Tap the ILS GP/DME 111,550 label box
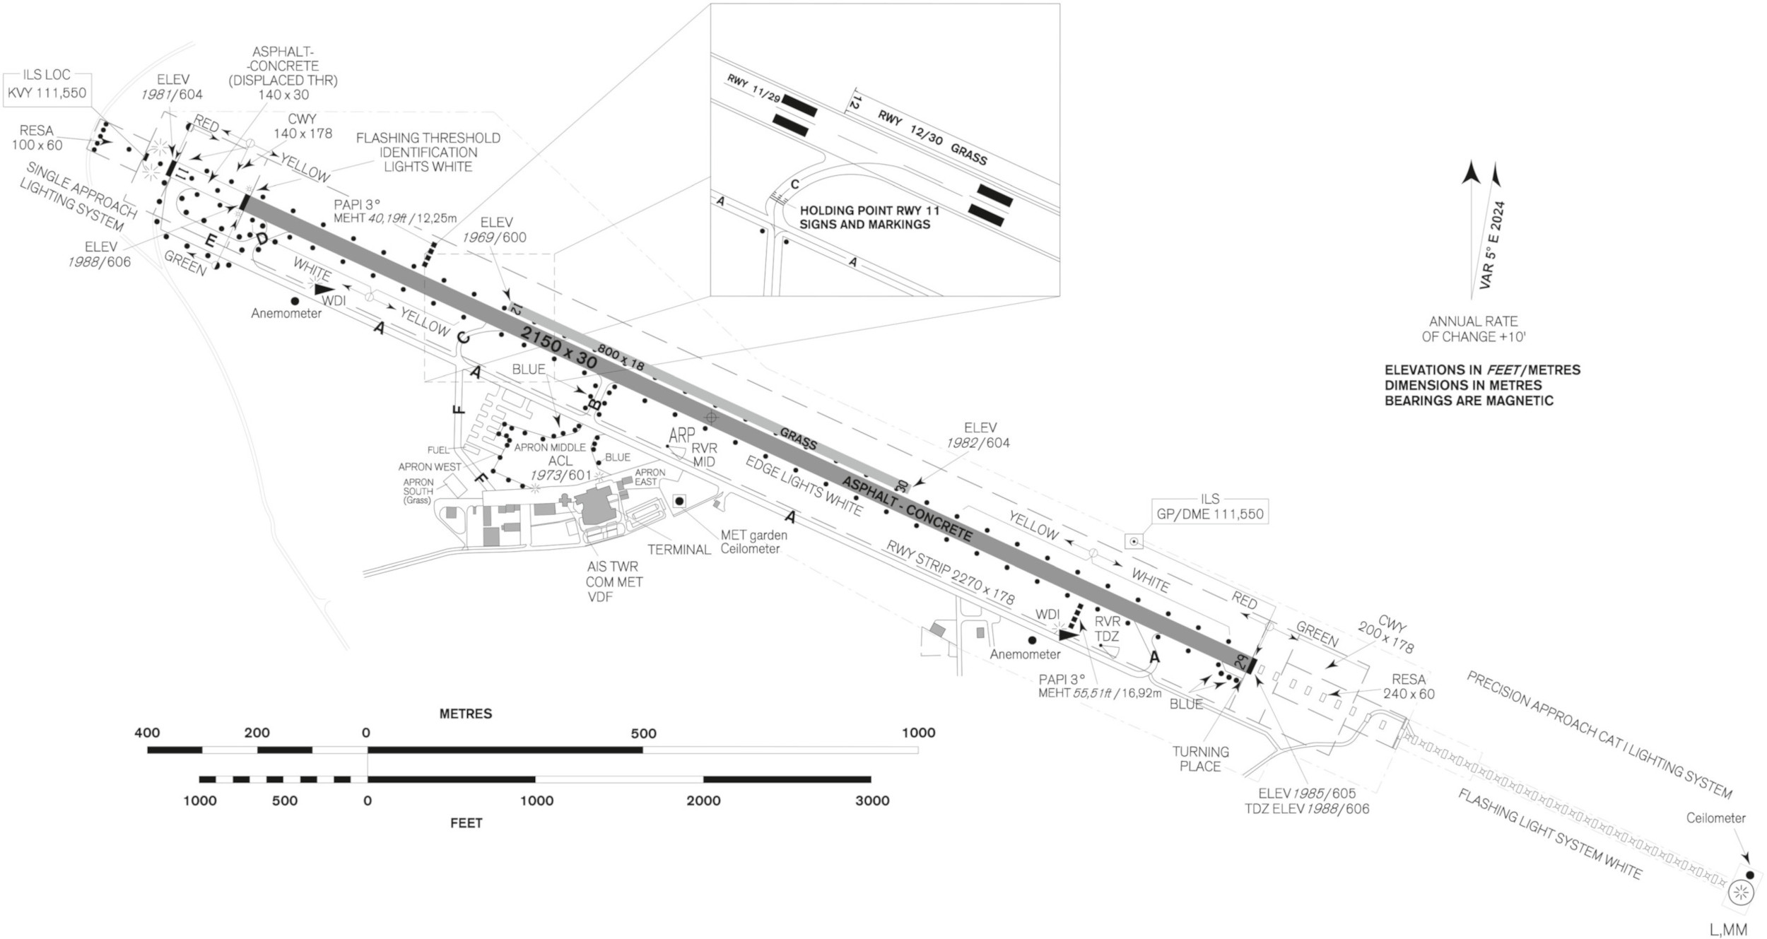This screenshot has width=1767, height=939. pos(1209,507)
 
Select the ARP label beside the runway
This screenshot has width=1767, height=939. pos(681,435)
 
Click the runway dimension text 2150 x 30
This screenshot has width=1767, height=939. pos(558,347)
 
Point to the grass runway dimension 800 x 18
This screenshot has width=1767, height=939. pos(621,358)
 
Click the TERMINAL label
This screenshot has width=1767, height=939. pos(679,550)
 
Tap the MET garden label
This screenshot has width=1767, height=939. pos(753,536)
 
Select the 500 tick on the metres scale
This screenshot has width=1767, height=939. pos(643,733)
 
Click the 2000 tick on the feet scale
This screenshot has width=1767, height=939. pos(703,801)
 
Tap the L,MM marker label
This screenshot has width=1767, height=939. pos(1727,930)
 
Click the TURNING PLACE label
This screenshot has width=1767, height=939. pos(1200,759)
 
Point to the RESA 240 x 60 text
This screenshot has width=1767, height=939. pos(1409,686)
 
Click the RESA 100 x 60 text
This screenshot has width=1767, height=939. pos(37,138)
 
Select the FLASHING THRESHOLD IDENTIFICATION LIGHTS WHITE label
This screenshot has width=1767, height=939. pos(428,152)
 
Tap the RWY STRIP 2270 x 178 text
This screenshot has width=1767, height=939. pos(950,572)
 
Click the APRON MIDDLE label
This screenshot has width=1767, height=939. pos(549,447)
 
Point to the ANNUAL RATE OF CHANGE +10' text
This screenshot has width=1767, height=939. pos(1473,329)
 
